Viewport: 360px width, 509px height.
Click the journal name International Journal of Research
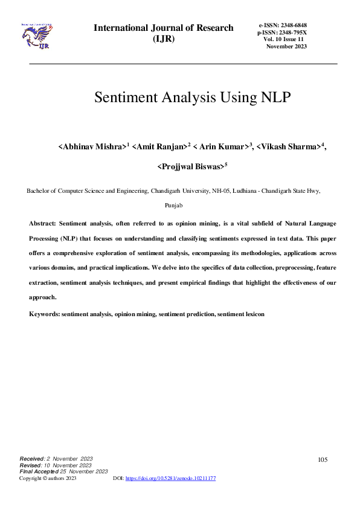click(163, 28)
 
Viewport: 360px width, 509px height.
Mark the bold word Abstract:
click(43, 224)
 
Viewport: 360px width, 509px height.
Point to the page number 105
click(323, 460)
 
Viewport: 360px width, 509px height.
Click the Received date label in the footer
click(31, 460)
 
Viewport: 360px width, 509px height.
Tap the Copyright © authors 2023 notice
click(48, 478)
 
